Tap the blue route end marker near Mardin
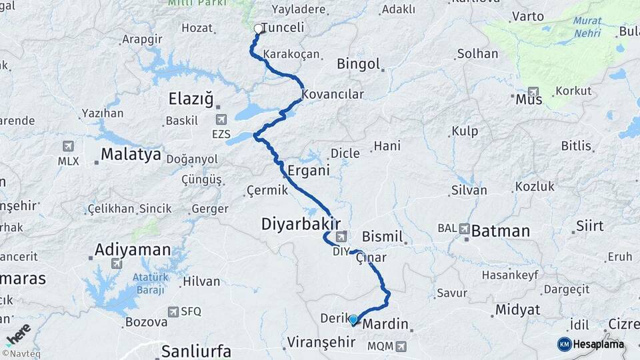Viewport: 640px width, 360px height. [x=353, y=319]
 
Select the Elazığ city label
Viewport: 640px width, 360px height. [x=191, y=100]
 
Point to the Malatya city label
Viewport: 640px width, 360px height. [x=131, y=155]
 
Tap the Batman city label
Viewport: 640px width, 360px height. [x=500, y=231]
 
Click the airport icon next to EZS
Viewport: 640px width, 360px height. [x=221, y=119]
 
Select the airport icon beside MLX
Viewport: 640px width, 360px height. [x=68, y=146]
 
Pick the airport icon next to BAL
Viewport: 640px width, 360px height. [x=463, y=229]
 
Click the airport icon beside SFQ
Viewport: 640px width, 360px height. [x=173, y=311]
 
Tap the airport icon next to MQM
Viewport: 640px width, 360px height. [x=400, y=346]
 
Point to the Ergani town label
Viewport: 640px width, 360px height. [x=308, y=171]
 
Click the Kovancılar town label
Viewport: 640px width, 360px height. [x=333, y=95]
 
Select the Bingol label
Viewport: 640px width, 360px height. [x=359, y=65]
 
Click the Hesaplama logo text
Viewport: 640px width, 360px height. [x=598, y=345]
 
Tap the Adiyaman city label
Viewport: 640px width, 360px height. [x=133, y=250]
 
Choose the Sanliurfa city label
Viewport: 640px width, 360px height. [x=197, y=351]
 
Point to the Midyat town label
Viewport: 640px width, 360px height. [x=517, y=310]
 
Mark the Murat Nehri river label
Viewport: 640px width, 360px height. [x=587, y=27]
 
